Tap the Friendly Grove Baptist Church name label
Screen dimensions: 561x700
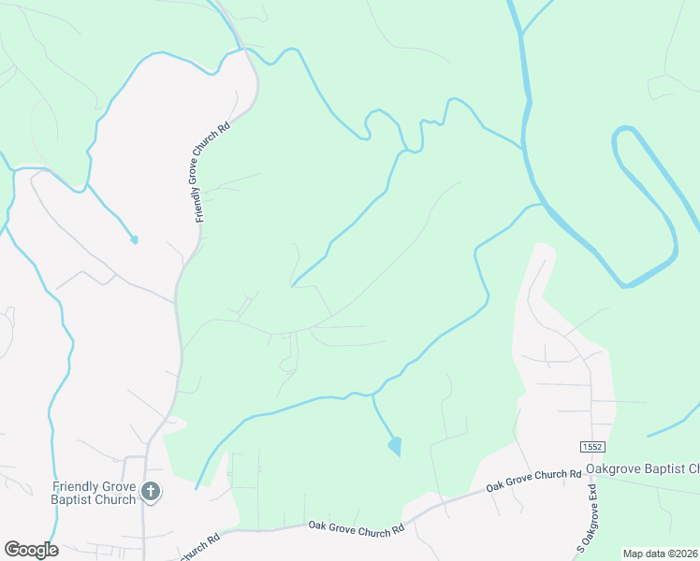[x=95, y=493]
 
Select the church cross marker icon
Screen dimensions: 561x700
[x=151, y=491]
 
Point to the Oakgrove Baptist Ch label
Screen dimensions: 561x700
[x=642, y=468]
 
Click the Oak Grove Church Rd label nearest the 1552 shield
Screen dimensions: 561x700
[x=533, y=480]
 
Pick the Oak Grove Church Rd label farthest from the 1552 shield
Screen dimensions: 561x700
[x=356, y=527]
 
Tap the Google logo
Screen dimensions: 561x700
[x=31, y=550]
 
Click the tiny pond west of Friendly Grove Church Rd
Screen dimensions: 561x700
[x=134, y=239]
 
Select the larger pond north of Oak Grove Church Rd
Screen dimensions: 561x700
[x=395, y=446]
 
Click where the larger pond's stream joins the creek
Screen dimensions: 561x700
[x=372, y=396]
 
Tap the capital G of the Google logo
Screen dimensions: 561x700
[x=11, y=550]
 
